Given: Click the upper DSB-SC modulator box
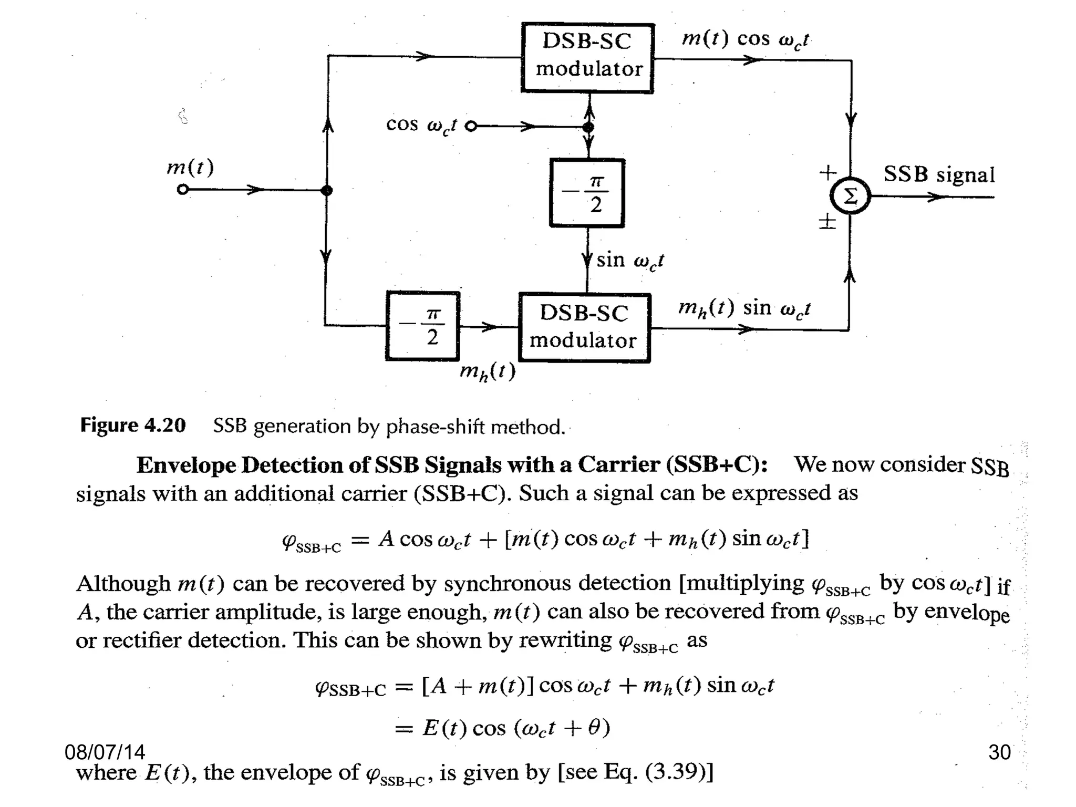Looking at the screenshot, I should pos(587,58).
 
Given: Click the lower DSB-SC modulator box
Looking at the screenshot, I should pos(584,328).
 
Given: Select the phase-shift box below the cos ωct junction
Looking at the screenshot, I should pos(587,193).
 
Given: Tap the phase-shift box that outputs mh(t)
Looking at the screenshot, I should pos(422,326).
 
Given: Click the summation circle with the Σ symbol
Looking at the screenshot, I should pos(850,196).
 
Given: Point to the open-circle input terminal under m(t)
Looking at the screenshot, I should pos(182,190).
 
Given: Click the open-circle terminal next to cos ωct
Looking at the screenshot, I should pos(471,127).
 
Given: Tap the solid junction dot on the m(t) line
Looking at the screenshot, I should pos(326,190).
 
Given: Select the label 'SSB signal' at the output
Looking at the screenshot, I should pos(939,174).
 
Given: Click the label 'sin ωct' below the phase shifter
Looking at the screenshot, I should pos(630,261).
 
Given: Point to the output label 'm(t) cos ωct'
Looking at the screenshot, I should pos(745,39).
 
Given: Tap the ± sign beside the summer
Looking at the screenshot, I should pos(827,221).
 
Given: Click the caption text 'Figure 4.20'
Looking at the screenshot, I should pos(132,425).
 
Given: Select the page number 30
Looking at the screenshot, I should pos(999,752).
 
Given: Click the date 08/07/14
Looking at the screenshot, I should pos(105,752).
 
